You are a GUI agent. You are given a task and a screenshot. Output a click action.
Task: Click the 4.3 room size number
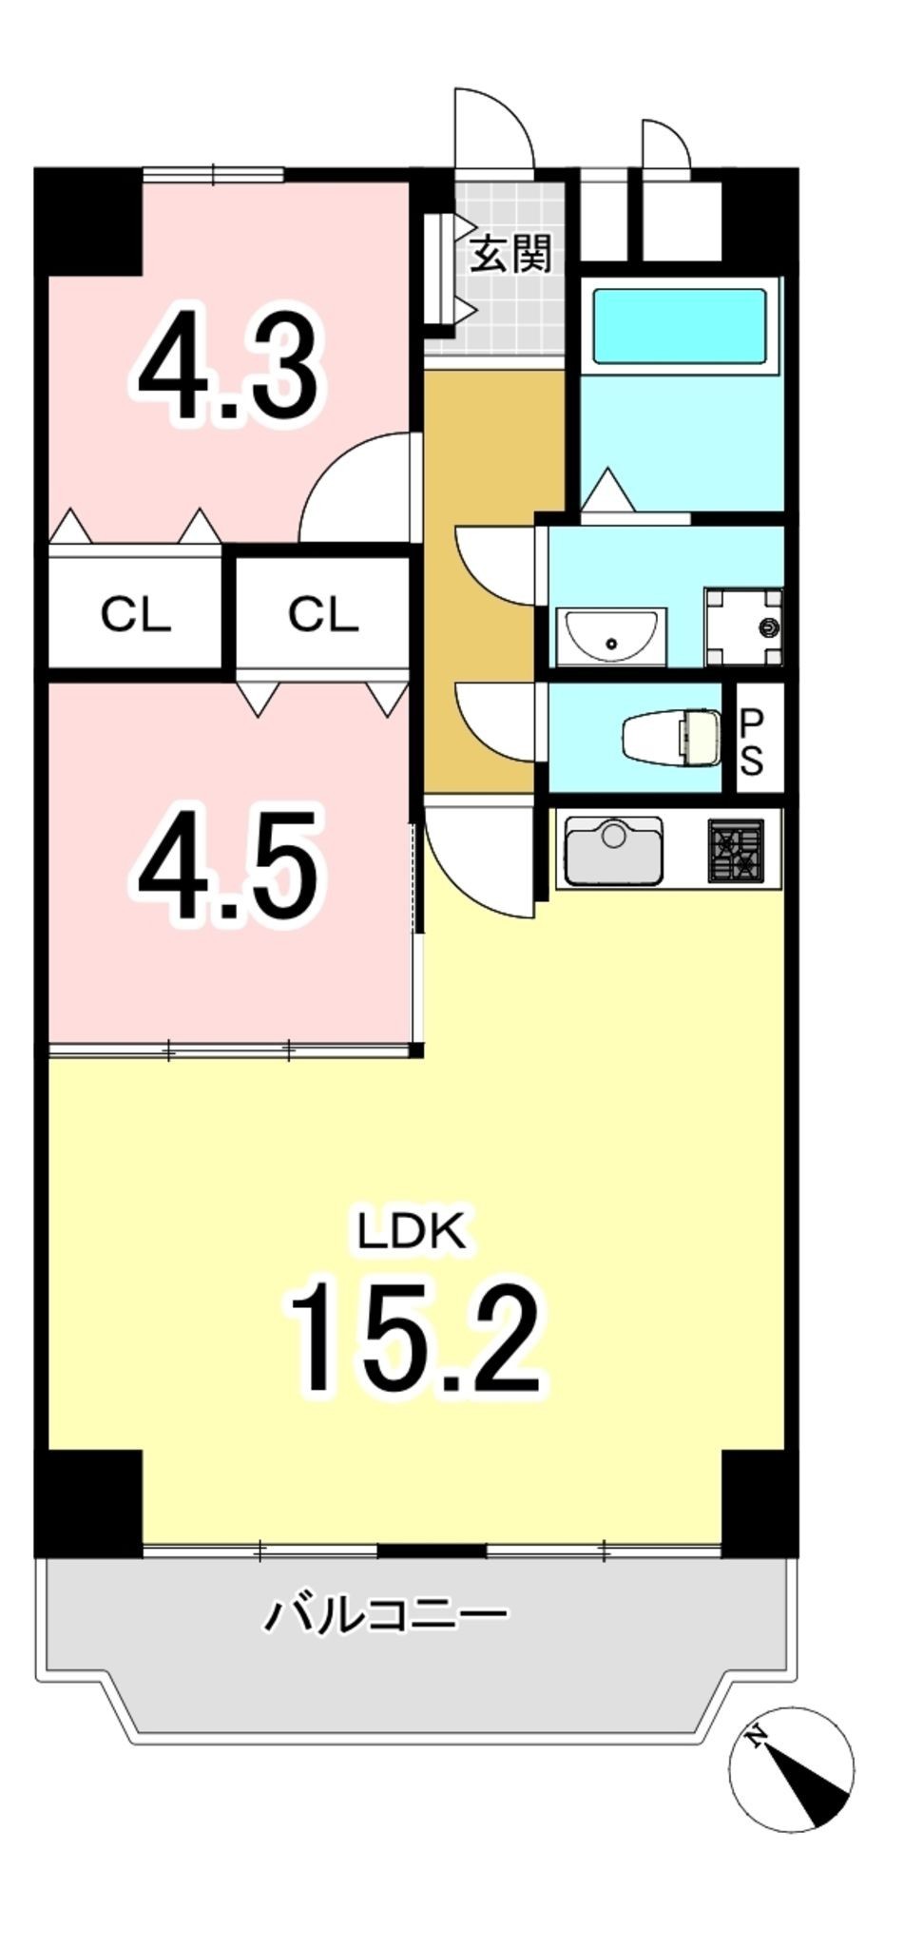tap(227, 362)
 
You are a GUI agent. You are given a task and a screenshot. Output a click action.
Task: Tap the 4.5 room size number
tap(227, 867)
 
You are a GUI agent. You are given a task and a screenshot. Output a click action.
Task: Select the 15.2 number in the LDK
tap(414, 1337)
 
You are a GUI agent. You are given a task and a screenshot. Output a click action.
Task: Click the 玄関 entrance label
tap(511, 254)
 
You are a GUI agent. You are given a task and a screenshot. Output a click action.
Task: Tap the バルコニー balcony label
tap(385, 1614)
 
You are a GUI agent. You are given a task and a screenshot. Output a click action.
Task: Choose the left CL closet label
tap(136, 615)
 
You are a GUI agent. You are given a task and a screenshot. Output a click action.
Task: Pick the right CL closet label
tap(323, 615)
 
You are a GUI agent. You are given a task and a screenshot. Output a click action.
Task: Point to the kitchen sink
tap(613, 848)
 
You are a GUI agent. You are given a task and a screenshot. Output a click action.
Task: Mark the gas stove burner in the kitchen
tap(736, 849)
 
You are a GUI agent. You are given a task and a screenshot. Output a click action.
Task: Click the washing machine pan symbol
tap(742, 627)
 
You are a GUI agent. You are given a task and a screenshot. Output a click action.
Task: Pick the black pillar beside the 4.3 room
tap(88, 221)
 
